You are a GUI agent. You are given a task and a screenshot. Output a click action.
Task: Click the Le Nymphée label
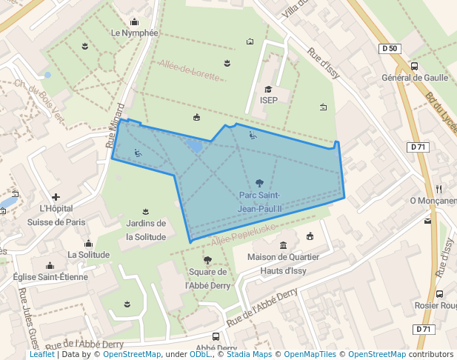click(135, 33)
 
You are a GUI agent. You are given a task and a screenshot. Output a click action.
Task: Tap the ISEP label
click(269, 100)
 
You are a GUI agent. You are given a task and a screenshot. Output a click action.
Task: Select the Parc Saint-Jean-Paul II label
click(259, 201)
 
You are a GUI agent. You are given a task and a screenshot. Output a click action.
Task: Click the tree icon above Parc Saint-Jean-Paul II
click(259, 183)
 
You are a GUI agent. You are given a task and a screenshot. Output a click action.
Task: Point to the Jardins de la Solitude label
click(145, 230)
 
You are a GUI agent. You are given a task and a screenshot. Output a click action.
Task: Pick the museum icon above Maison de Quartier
click(283, 246)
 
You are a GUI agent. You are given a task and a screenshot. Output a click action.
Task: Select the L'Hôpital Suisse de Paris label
click(56, 215)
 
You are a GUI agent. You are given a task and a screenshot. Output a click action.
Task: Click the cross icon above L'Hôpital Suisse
click(56, 197)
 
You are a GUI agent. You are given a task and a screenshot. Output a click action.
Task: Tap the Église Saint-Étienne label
click(50, 277)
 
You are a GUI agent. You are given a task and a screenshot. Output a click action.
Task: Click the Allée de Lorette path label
click(190, 70)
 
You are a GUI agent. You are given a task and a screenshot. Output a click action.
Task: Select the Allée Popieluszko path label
click(244, 230)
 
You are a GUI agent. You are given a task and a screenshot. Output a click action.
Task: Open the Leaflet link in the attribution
click(41, 354)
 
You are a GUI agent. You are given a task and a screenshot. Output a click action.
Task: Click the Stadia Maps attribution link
click(249, 354)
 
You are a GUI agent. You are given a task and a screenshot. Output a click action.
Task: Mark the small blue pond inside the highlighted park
click(195, 146)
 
